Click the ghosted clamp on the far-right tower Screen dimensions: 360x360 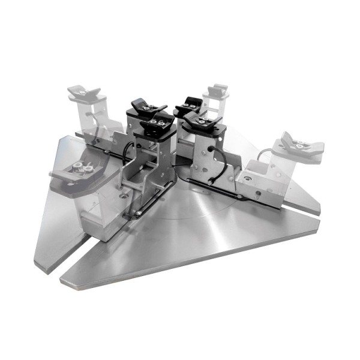coord(298,146)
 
